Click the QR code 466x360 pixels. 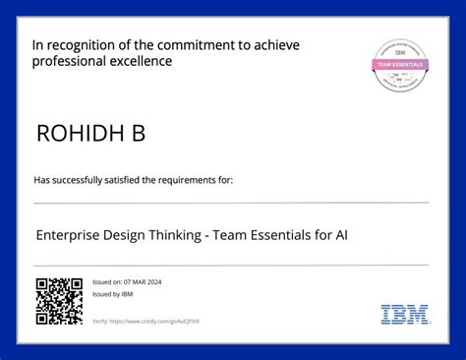[x=59, y=301]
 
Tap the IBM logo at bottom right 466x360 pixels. [x=405, y=315]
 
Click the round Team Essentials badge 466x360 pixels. [x=399, y=65]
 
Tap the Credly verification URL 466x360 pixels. [x=153, y=322]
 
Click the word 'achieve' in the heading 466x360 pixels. [x=277, y=45]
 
